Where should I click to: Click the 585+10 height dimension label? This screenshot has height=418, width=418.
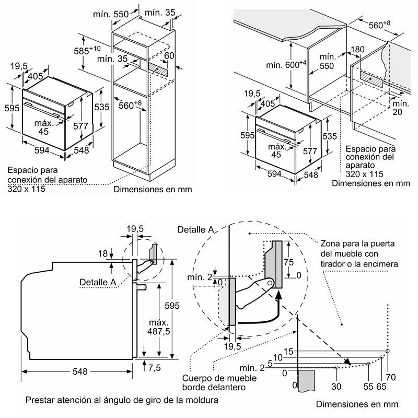88,52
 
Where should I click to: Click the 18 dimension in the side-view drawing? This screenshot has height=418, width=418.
103,253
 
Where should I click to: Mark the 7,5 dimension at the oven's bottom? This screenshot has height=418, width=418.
154,367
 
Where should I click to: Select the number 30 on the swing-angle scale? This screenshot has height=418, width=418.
335,387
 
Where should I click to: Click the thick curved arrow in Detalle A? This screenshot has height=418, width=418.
261,313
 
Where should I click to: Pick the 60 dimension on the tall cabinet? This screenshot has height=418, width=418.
170,55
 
